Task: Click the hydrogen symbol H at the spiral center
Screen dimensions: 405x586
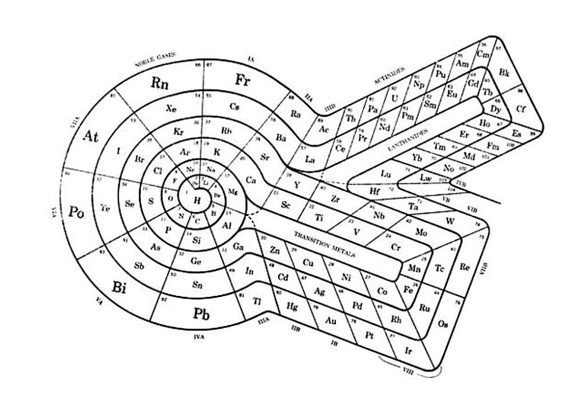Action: (197, 199)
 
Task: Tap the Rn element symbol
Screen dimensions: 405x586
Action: (160, 82)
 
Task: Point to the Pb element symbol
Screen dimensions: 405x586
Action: (201, 314)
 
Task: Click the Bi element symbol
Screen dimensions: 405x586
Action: (119, 287)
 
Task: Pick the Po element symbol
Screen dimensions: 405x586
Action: (77, 212)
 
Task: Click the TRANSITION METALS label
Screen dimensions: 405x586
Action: (324, 244)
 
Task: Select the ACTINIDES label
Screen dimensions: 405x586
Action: (390, 76)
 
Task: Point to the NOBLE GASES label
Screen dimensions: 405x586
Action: (155, 59)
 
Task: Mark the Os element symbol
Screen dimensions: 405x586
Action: (443, 324)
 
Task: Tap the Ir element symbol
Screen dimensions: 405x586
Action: (408, 350)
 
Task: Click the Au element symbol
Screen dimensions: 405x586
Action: (331, 320)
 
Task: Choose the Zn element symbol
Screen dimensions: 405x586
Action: (275, 249)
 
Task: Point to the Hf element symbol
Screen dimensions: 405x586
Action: (375, 191)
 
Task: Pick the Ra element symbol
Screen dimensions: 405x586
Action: (296, 114)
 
